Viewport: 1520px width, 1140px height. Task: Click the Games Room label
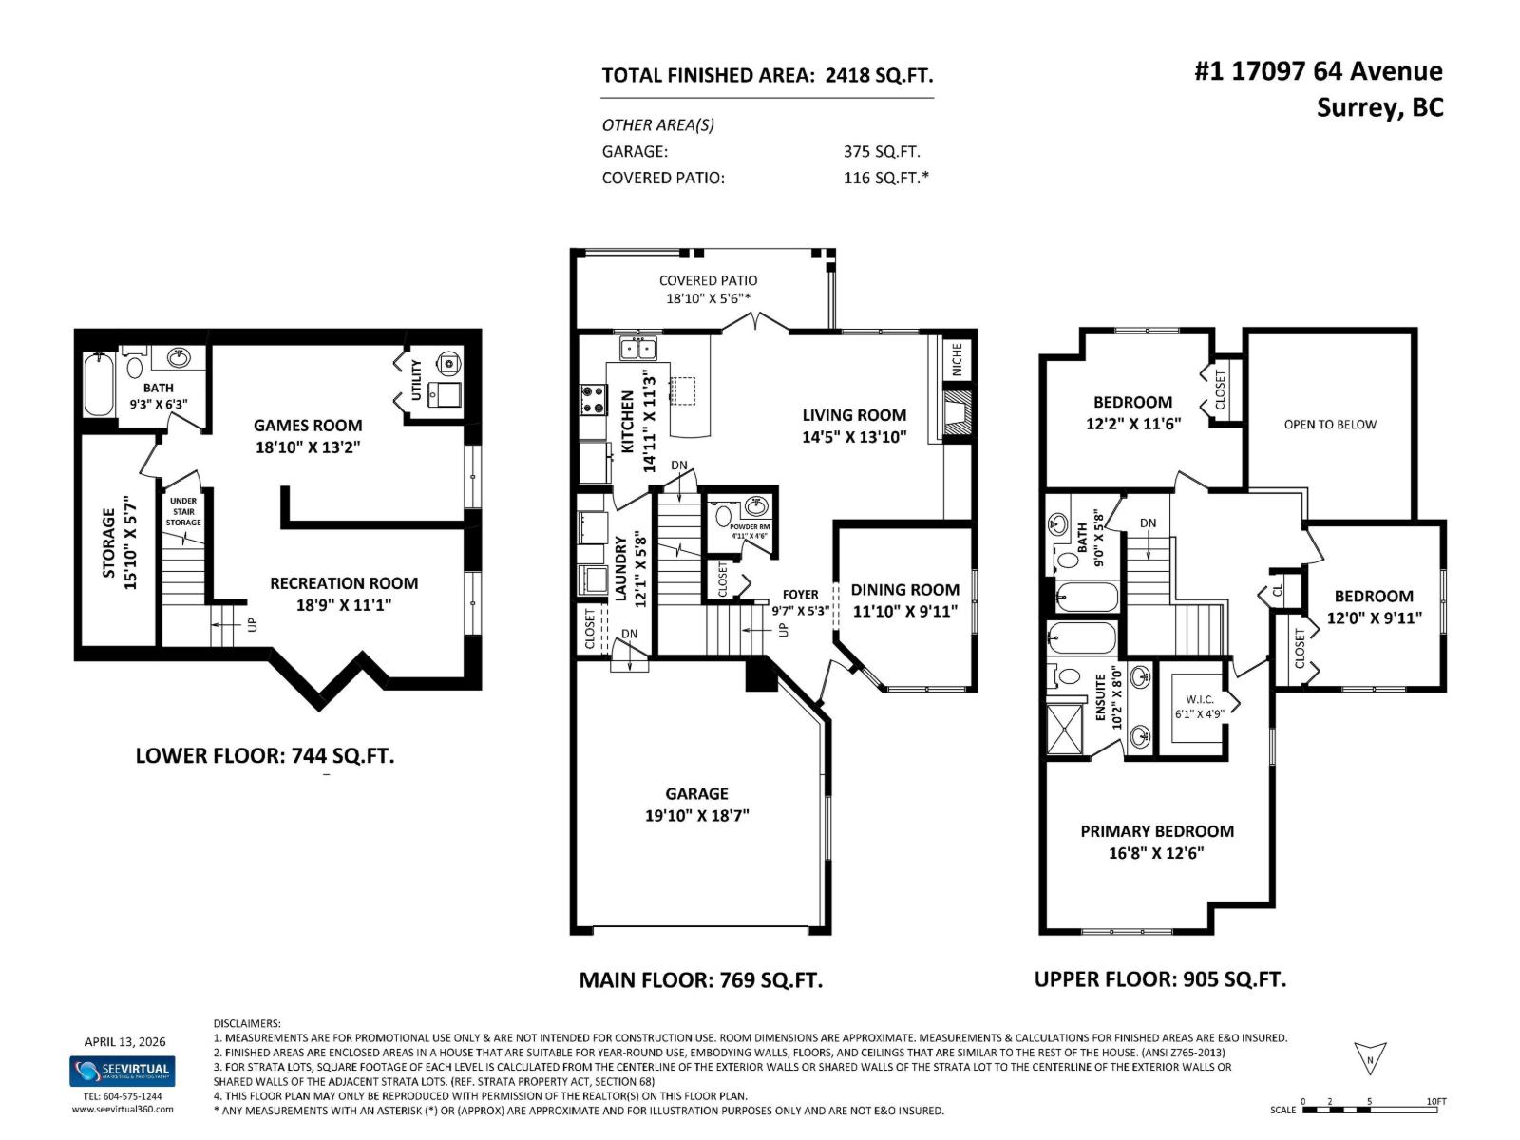point(307,426)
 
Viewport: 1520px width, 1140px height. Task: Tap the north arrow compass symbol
point(1370,1058)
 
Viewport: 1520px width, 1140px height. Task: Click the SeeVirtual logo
point(122,1071)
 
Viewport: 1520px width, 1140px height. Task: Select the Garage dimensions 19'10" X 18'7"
point(696,815)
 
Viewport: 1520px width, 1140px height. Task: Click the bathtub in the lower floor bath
point(99,385)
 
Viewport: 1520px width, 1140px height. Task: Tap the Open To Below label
point(1329,425)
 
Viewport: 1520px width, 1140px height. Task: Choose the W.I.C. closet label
point(1199,700)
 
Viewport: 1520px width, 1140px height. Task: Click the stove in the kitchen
point(593,399)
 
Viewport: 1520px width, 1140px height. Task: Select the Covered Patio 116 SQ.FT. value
point(885,178)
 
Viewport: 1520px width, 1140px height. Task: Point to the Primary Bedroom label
point(1156,831)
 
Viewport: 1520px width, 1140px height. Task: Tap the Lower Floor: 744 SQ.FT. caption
point(264,756)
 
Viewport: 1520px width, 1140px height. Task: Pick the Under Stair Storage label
point(183,511)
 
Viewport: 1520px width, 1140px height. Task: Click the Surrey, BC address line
point(1378,107)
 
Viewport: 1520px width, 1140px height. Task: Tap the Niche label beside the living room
point(958,358)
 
